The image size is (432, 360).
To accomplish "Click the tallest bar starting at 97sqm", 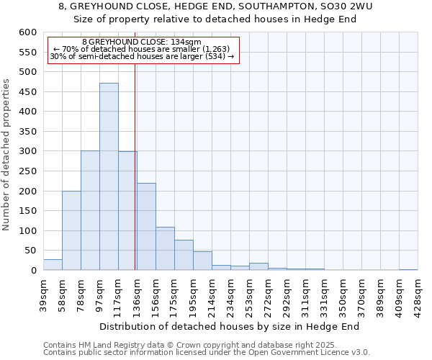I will pyautogui.click(x=109, y=176).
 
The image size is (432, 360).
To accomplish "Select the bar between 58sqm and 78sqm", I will pyautogui.click(x=71, y=230).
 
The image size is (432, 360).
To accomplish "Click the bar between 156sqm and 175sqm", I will pyautogui.click(x=165, y=249).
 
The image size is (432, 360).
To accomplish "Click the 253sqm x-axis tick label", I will pyautogui.click(x=250, y=292).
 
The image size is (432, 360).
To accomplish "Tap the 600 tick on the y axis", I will pyautogui.click(x=27, y=32).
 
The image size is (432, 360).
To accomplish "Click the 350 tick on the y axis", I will pyautogui.click(x=27, y=132).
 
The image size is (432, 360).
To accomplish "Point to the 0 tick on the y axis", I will pyautogui.click(x=33, y=271).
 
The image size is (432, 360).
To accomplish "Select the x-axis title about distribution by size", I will pyautogui.click(x=229, y=327).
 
